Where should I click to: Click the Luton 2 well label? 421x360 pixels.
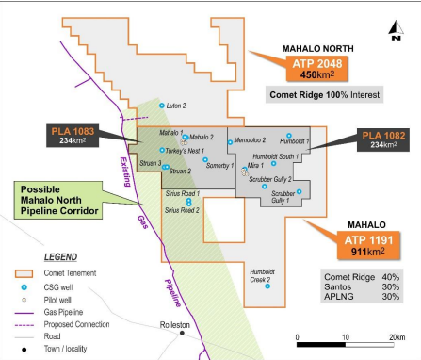(176, 106)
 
